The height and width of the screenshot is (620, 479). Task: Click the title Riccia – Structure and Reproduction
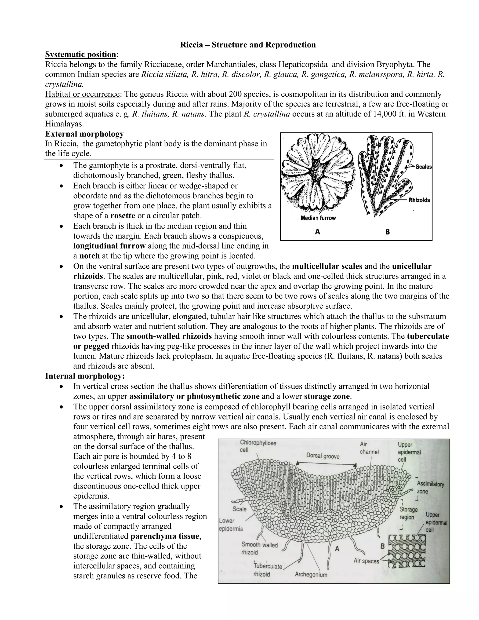(x=248, y=45)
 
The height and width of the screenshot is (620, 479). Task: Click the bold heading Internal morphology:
(x=85, y=376)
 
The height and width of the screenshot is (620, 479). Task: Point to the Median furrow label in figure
(x=318, y=218)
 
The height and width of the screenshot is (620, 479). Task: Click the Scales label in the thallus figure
(x=423, y=167)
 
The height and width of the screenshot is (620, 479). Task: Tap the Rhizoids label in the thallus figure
(x=419, y=200)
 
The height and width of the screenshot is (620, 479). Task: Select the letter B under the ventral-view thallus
(x=388, y=232)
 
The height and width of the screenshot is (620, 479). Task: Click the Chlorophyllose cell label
(x=258, y=446)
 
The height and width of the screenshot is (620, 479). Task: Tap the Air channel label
(x=369, y=448)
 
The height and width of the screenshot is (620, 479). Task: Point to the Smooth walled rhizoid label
(x=259, y=548)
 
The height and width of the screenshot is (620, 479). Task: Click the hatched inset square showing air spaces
(x=407, y=551)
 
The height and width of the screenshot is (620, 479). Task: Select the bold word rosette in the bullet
(x=123, y=216)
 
